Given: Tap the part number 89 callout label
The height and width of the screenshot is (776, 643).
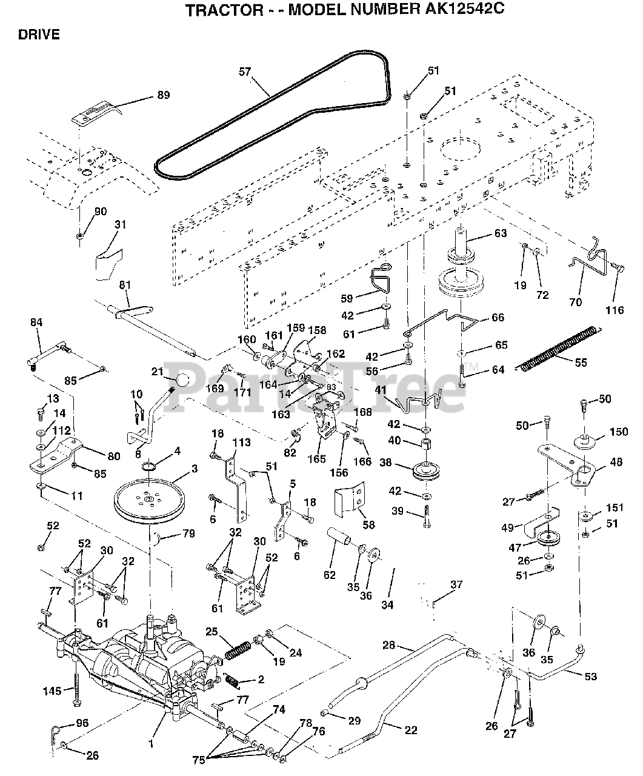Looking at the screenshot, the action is click(x=164, y=95).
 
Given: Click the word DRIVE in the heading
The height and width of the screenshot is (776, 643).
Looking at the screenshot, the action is click(x=39, y=35).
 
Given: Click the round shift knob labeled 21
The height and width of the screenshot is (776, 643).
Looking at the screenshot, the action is click(x=182, y=381).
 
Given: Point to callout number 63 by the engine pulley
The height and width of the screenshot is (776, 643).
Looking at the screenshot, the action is click(x=501, y=233).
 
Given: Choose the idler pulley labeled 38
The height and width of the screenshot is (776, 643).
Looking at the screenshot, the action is click(x=426, y=470).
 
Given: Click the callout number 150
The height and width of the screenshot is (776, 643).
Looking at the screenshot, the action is click(x=619, y=432).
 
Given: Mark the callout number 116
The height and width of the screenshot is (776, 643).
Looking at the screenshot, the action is click(x=615, y=310).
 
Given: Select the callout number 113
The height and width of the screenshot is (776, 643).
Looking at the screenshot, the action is click(x=242, y=443).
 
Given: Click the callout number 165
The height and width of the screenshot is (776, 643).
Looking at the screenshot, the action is click(x=317, y=459).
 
